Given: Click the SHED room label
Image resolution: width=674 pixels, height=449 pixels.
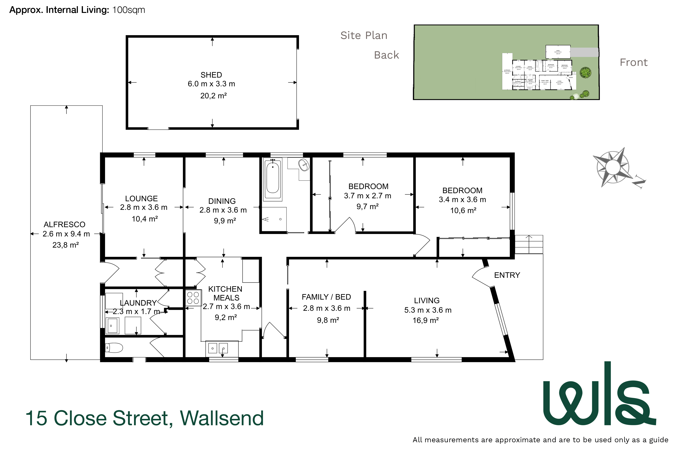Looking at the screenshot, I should point(211,75).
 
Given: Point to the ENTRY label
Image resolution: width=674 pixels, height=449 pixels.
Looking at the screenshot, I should point(507,275).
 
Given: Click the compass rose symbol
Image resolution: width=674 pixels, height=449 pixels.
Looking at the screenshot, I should point(614,167).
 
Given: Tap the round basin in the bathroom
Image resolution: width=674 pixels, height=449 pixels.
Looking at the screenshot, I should point(304,165).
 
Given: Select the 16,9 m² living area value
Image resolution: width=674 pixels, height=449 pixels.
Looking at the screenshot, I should point(426,320).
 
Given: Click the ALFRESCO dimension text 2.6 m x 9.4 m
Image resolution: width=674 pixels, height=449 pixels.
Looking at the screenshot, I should point(66,234).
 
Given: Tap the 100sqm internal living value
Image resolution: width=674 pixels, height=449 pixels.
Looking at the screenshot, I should point(128,10).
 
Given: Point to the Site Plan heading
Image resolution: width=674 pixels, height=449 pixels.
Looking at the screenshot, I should point(364,36).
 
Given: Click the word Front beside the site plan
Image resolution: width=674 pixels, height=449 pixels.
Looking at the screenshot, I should point(633,62).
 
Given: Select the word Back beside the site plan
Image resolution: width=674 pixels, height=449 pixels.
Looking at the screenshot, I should point(386,55).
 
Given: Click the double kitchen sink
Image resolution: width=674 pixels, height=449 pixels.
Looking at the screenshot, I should point(218,348).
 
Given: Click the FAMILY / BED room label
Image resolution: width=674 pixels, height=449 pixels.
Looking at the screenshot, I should point(326,297).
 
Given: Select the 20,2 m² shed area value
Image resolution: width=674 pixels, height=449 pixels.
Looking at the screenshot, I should point(213,96).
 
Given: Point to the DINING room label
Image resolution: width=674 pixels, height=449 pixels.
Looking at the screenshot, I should point(222,201).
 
